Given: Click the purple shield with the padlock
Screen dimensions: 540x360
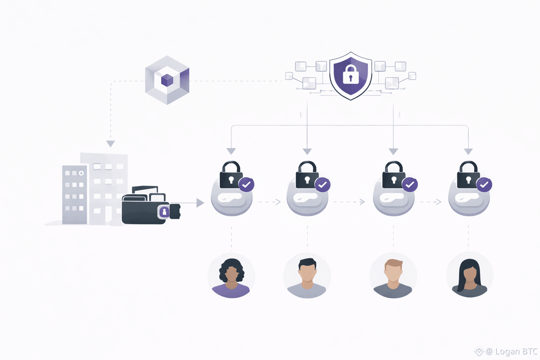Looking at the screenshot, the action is tap(351, 76).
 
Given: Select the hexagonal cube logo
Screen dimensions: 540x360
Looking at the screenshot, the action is tap(167, 80).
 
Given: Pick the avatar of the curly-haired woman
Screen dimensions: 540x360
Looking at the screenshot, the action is tap(231, 276).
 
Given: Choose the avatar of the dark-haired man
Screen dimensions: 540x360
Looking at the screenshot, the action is tap(307, 276).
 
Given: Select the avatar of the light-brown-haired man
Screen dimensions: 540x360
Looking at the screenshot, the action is tap(393, 276).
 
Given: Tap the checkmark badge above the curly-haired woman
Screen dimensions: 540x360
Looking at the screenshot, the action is tap(246, 184).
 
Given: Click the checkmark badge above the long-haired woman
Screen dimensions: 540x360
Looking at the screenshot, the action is tap(484, 184).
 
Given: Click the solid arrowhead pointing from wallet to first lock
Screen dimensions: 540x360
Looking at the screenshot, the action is tap(200, 202).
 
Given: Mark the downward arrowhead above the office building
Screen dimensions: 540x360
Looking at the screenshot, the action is tap(111, 144).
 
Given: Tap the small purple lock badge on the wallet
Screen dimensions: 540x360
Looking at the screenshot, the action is tap(164, 212).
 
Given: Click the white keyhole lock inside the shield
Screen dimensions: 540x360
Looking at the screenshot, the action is tap(351, 74).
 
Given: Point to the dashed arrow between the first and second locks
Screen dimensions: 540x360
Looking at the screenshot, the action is tap(270, 202).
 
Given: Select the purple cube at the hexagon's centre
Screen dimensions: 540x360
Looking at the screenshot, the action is tap(167, 81).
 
